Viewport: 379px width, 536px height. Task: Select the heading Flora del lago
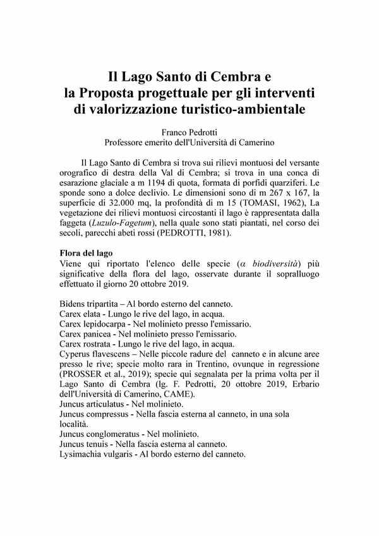pos(86,253)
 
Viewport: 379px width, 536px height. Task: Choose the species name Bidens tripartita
pos(89,304)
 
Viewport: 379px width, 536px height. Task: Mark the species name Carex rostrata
pos(85,344)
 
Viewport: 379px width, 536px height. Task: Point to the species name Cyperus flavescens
pos(93,354)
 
